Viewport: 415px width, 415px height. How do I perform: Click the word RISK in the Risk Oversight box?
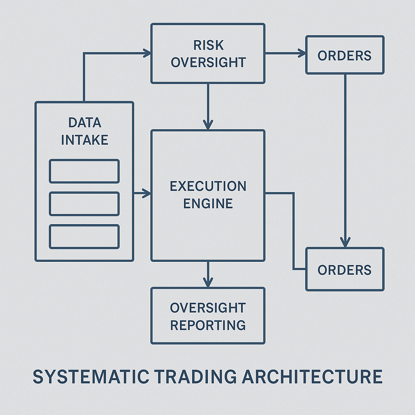click(x=208, y=45)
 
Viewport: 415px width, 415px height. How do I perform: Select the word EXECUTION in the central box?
click(x=208, y=186)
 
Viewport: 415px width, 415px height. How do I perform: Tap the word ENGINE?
click(x=208, y=203)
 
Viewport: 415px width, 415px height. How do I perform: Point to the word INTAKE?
click(x=84, y=140)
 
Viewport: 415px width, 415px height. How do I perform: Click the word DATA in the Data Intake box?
click(x=84, y=123)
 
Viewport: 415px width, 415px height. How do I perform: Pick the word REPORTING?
click(x=208, y=325)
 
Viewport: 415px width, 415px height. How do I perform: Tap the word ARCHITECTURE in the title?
click(x=312, y=377)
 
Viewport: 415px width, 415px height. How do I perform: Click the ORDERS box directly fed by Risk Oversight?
click(x=344, y=55)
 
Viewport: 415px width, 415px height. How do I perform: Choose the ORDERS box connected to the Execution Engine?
click(x=344, y=270)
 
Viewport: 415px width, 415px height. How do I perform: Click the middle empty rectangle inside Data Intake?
click(x=84, y=204)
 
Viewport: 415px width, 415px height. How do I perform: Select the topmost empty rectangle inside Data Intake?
click(x=84, y=171)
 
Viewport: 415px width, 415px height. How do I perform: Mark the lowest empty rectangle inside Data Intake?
click(x=84, y=237)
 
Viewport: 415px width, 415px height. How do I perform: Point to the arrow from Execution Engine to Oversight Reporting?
click(x=208, y=275)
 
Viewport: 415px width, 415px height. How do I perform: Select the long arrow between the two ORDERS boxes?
click(x=345, y=162)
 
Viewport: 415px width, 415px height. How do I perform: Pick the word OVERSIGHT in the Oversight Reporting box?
click(x=208, y=308)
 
